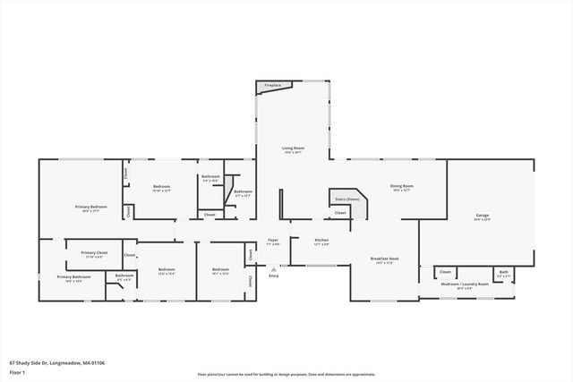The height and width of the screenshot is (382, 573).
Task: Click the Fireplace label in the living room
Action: coord(272,86)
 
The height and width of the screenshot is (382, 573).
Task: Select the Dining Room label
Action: coord(400,186)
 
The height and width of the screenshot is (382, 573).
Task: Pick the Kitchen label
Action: coord(321,240)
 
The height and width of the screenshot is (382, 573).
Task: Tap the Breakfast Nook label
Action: coord(386,259)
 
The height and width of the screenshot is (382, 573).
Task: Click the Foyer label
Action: coord(272,240)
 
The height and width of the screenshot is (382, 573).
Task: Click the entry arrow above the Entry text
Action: coord(274,268)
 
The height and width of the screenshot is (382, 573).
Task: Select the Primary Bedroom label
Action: coord(91,207)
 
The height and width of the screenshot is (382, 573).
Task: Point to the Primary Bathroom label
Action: coord(74,277)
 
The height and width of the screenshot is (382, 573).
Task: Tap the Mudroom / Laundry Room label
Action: coord(465,284)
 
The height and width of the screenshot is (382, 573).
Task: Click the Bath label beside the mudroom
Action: coord(504,271)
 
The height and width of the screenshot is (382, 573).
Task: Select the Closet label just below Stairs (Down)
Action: coord(341,213)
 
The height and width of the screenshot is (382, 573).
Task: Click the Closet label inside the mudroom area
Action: coord(445,271)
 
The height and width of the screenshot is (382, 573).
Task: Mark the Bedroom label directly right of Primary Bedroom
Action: coord(161,186)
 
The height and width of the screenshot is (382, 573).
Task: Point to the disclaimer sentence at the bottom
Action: coord(286,374)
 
